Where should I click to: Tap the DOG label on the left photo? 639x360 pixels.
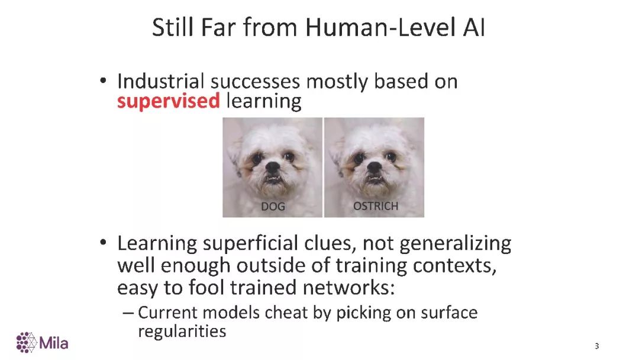(273, 206)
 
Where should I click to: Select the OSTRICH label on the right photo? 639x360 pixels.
(375, 206)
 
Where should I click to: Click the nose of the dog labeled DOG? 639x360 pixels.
(273, 167)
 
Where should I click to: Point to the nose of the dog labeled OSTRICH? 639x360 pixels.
(374, 167)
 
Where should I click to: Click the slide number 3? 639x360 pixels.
(596, 346)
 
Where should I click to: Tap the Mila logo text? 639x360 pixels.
(54, 343)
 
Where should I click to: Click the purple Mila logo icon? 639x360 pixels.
(27, 342)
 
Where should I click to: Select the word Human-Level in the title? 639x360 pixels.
(380, 28)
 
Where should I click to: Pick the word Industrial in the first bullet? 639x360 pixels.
(160, 81)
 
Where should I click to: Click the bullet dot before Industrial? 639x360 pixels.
(103, 81)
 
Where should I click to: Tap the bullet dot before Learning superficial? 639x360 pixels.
(103, 242)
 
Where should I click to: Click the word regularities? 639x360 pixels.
(182, 332)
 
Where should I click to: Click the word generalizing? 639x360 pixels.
(455, 244)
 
